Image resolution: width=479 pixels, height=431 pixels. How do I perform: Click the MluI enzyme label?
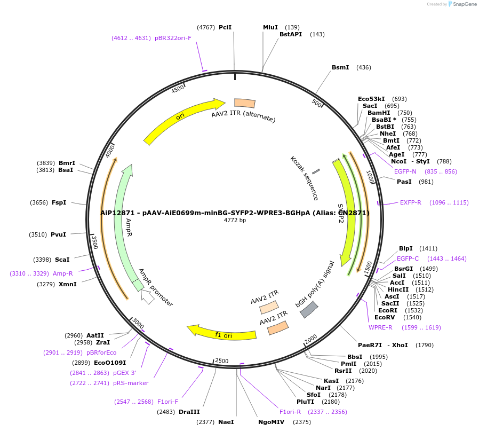(x=270, y=27)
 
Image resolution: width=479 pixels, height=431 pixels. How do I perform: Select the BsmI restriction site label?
(x=340, y=67)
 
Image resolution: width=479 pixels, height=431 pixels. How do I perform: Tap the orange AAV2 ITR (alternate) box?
(x=245, y=103)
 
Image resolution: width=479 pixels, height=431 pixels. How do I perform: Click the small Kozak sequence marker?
(x=316, y=171)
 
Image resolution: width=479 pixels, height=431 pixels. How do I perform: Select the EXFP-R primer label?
(x=411, y=202)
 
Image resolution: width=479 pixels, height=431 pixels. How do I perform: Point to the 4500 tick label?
(x=178, y=89)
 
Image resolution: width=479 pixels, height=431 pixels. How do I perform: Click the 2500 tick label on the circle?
(x=222, y=361)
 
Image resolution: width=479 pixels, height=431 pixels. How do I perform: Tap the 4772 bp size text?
(x=235, y=220)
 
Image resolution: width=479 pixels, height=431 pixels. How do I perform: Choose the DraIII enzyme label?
(x=189, y=412)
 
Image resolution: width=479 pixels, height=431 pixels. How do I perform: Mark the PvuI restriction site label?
(x=59, y=234)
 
